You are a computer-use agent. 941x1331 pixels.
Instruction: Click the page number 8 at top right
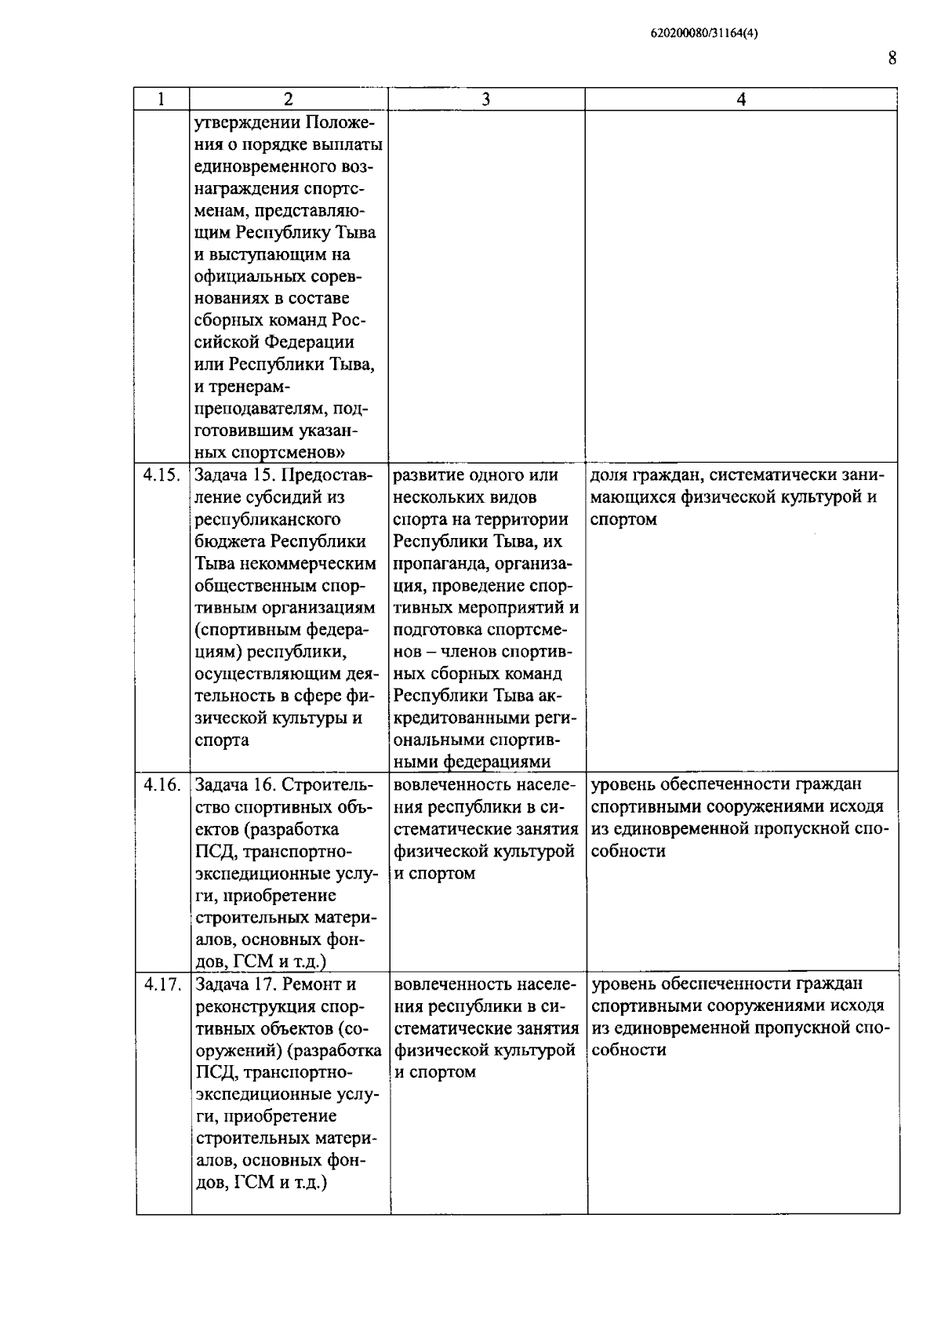(892, 59)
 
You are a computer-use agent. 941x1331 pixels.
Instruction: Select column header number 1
(161, 100)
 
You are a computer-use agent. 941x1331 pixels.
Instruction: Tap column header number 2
(289, 100)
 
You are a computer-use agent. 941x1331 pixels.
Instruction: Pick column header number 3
(486, 100)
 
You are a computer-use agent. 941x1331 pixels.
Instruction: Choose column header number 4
(741, 100)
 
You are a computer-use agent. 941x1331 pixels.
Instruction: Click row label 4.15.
(162, 475)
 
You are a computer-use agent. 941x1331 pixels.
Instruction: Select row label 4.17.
(162, 984)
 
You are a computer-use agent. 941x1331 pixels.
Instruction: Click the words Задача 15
(234, 475)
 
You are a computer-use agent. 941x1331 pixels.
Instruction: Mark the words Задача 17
(234, 984)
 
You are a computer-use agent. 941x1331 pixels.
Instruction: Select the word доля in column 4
(609, 475)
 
